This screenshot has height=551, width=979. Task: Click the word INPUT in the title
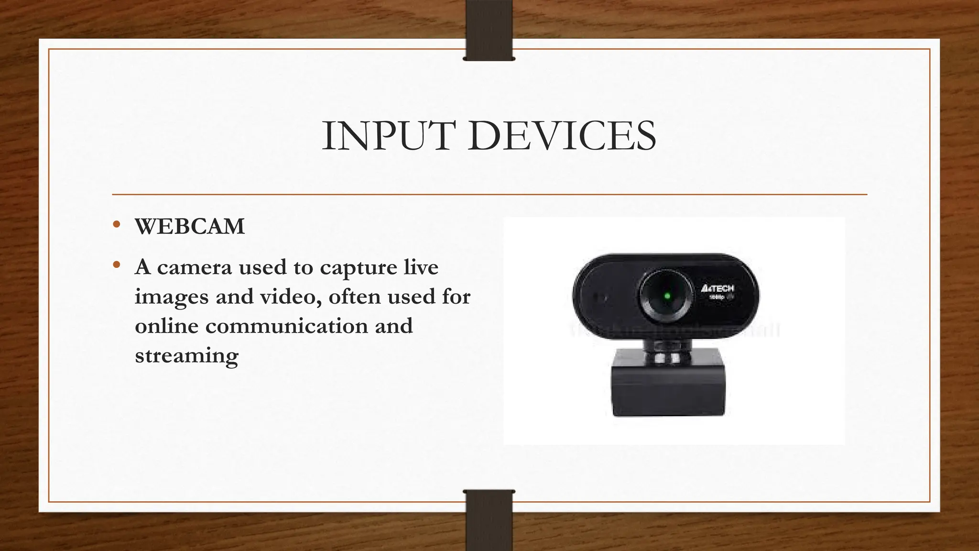pos(386,136)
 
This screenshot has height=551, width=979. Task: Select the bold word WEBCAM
pos(190,227)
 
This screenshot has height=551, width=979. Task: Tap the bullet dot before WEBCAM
pos(116,225)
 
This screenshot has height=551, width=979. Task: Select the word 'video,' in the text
pos(290,297)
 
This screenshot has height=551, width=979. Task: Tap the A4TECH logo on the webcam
pos(717,289)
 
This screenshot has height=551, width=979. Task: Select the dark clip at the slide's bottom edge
pos(489,521)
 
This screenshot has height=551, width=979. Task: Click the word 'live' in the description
pos(421,267)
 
